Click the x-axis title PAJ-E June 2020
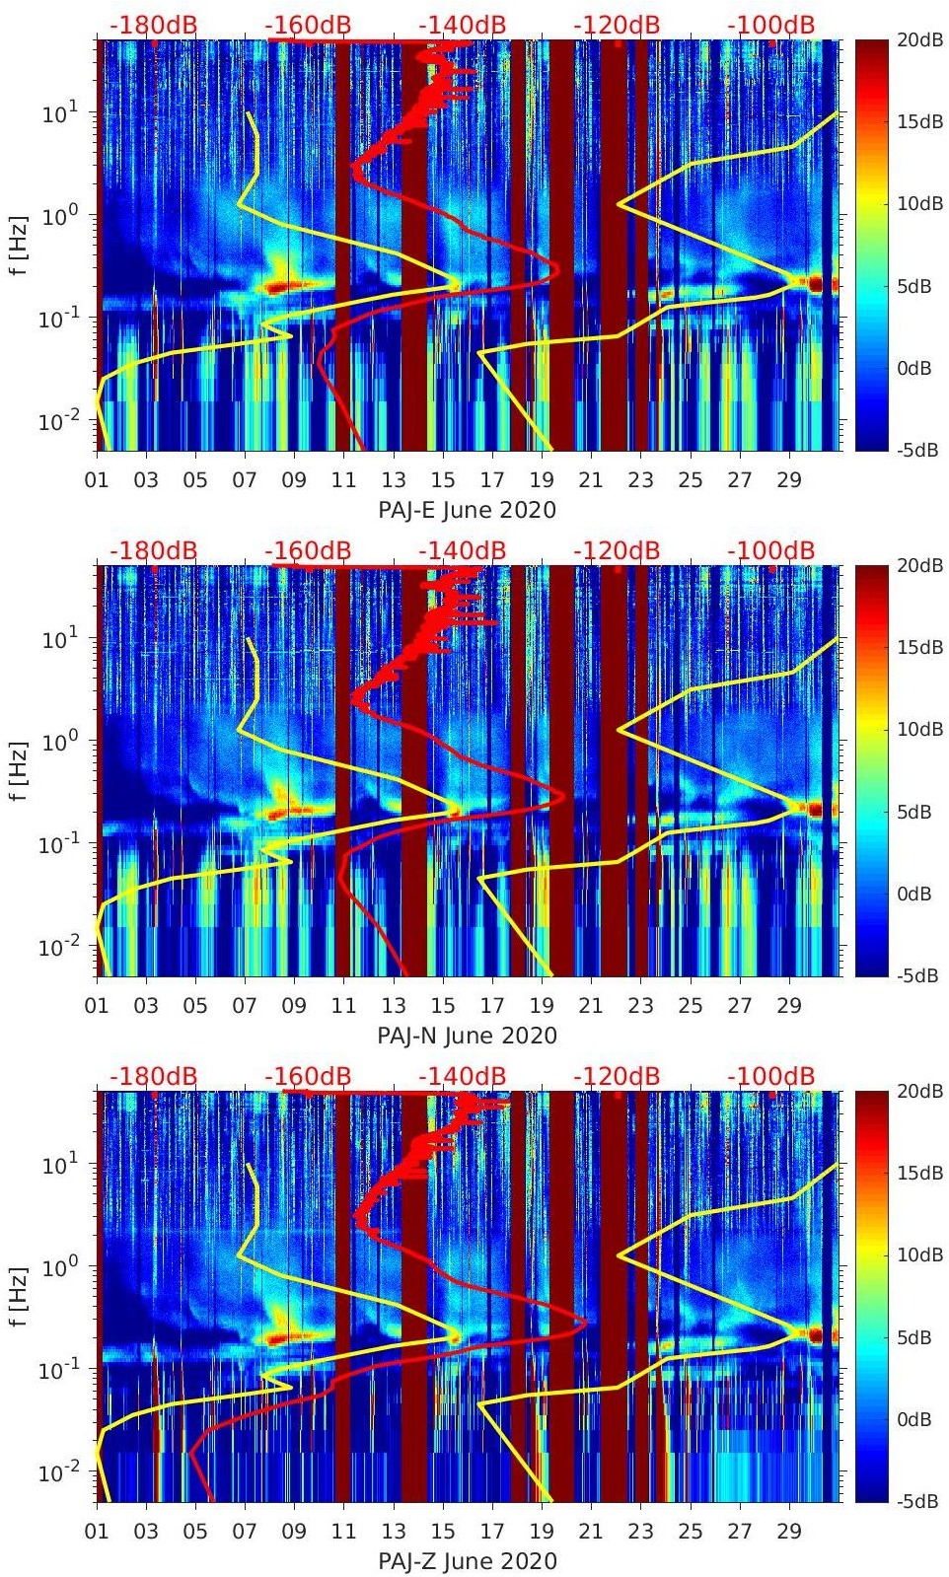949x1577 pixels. coord(467,510)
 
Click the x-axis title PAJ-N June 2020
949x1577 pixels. coord(467,1036)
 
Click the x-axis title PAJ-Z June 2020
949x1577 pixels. coord(467,1561)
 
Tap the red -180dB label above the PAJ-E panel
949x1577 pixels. coord(153,25)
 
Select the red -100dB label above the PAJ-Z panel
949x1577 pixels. coord(771,1076)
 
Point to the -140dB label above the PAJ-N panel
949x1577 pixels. coord(462,550)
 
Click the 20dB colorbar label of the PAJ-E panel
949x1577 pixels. coord(918,39)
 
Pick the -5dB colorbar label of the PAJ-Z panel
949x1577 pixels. coord(918,1502)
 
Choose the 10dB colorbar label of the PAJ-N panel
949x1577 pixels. coord(918,729)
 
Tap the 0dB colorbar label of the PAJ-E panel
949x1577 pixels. coord(918,368)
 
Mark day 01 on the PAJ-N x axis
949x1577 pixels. coord(97,1006)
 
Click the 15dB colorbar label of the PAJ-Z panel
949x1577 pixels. coord(918,1173)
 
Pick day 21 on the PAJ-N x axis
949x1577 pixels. coord(591,1006)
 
